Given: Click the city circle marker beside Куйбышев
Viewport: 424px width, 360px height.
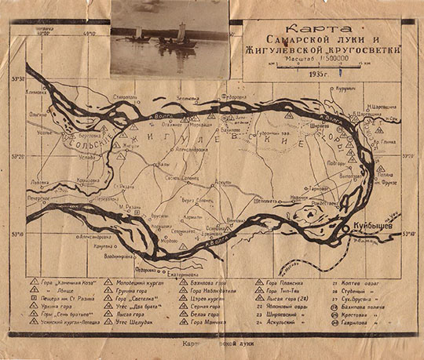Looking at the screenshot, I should [x=348, y=227].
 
